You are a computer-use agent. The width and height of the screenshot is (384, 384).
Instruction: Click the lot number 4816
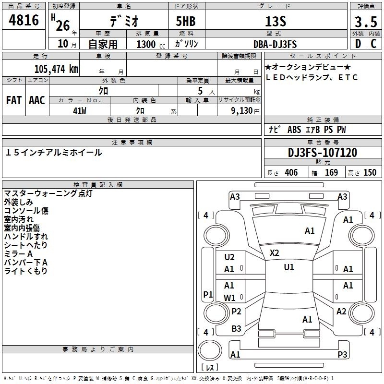pos(24,20)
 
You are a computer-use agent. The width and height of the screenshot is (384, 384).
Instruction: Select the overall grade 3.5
pos(366,22)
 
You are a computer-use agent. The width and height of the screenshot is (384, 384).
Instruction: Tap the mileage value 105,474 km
pos(56,69)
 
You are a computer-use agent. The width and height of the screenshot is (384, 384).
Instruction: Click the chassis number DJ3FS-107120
pos(323,153)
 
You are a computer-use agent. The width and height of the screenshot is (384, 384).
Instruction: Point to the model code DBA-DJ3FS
pos(275,44)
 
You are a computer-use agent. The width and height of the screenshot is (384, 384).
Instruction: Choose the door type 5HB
pos(186,21)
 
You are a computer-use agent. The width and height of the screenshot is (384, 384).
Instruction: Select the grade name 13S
pos(276,22)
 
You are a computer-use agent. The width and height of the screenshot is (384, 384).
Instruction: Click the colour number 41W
pos(80,111)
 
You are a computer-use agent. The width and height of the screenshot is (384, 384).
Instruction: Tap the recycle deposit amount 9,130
pos(242,111)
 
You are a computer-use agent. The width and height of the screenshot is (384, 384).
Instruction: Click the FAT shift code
pos(14,100)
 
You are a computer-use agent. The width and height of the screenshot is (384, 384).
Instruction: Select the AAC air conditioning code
pos(37,100)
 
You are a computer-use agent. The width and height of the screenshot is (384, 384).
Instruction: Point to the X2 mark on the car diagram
pos(274,253)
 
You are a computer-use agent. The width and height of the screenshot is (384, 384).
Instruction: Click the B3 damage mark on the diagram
pos(236,329)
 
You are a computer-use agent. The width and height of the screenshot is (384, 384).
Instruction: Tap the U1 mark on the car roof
pos(289,267)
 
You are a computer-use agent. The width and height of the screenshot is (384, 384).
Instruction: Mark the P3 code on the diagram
pos(342,354)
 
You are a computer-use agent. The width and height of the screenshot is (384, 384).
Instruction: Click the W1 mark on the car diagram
pos(229,298)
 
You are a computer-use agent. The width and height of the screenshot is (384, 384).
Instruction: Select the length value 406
pos(291,173)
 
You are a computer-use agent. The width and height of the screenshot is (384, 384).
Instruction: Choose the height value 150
pos(370,173)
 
